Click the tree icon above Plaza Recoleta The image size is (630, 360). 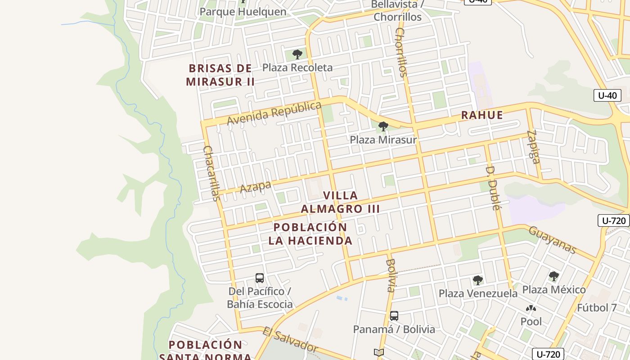(x=297, y=55)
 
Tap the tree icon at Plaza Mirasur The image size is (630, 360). (x=383, y=126)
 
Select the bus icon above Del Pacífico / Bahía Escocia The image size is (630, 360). (x=260, y=278)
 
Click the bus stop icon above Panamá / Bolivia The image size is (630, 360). (x=394, y=316)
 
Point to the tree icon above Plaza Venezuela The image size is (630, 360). (x=478, y=280)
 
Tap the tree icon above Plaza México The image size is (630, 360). (x=554, y=276)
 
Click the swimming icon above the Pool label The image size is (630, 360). (x=531, y=309)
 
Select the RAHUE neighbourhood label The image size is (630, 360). (x=482, y=115)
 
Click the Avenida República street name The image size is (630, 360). (x=274, y=113)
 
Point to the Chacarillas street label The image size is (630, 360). (x=211, y=173)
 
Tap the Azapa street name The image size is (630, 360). (x=256, y=186)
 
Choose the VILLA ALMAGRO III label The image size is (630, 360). (x=340, y=202)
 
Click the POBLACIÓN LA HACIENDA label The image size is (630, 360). (x=310, y=234)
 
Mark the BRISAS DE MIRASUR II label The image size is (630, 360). (x=220, y=75)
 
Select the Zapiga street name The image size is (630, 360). (x=534, y=147)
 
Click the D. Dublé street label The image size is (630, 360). (x=493, y=188)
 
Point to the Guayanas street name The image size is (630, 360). (x=552, y=240)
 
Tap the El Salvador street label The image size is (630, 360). (x=290, y=340)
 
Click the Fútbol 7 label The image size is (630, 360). (x=597, y=308)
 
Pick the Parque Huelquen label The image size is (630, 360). (x=243, y=12)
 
